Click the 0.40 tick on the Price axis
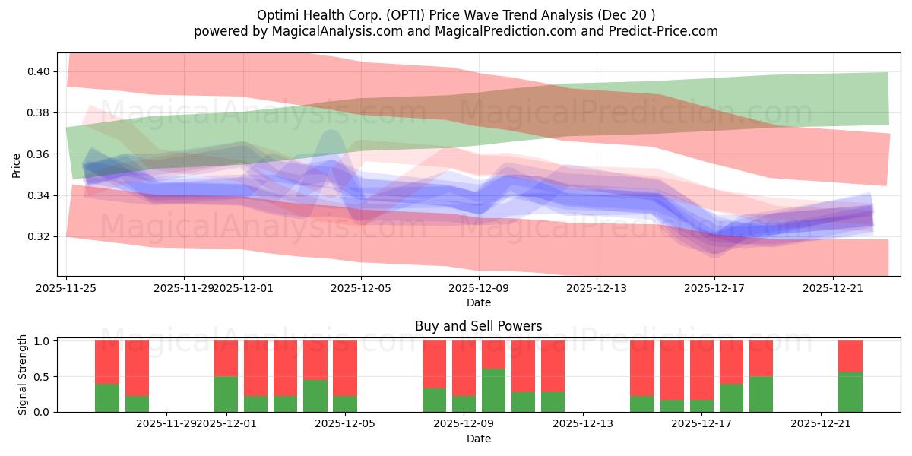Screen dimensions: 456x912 coord(39,71)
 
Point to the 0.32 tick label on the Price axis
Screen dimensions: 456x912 coord(39,236)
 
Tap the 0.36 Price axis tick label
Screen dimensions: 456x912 coord(39,154)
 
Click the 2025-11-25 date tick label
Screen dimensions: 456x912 coord(67,288)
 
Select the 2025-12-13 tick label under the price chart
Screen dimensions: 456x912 coord(597,288)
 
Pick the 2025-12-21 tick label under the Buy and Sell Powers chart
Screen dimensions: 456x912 coord(821,424)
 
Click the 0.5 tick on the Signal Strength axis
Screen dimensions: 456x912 coord(43,376)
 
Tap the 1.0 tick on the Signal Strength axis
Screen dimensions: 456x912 coord(43,341)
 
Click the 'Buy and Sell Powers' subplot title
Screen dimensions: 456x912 coord(478,326)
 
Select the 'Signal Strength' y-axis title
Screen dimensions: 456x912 coord(23,375)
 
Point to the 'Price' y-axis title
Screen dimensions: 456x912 coord(17,165)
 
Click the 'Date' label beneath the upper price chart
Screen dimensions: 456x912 coord(478,302)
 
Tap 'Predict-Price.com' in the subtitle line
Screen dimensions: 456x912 coord(665,31)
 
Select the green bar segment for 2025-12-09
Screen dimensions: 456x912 coord(493,390)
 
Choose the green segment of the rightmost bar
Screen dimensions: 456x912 coord(850,392)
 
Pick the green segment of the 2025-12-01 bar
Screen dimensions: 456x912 coord(226,394)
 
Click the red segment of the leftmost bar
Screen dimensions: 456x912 coord(107,362)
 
